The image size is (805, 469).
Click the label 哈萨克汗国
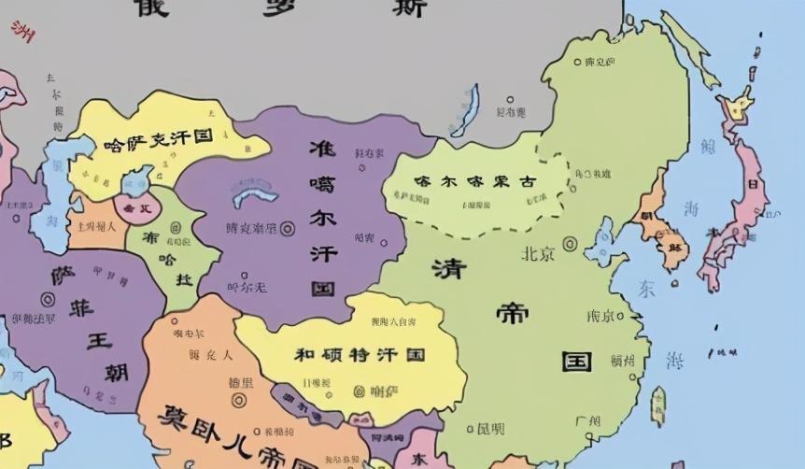click(158, 139)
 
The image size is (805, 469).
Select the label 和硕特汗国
click(360, 355)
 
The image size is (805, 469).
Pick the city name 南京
click(600, 316)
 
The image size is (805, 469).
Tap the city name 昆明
click(490, 429)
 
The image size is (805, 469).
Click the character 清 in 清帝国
click(448, 268)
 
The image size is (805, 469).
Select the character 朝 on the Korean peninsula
click(645, 216)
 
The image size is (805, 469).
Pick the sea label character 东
click(646, 289)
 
